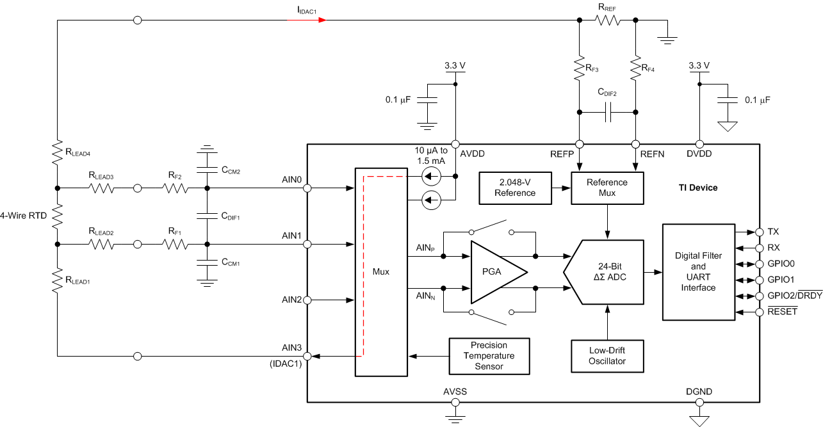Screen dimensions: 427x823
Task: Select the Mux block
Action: (x=381, y=272)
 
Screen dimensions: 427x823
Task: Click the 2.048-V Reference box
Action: (x=516, y=188)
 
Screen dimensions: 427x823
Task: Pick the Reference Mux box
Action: (x=607, y=188)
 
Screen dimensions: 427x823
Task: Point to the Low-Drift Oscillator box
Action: (x=607, y=356)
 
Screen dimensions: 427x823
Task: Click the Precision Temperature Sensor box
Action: (x=489, y=356)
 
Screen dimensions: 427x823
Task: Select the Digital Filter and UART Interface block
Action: (x=698, y=272)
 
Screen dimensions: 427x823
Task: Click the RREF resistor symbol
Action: (x=607, y=20)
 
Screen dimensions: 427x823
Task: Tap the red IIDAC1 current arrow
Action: (x=322, y=20)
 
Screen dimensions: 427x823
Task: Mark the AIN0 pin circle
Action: (x=307, y=188)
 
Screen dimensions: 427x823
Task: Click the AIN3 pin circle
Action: (x=307, y=356)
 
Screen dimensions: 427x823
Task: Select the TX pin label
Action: (x=772, y=232)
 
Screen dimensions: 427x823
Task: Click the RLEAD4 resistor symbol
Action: (x=57, y=153)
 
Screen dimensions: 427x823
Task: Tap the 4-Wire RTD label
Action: (x=24, y=216)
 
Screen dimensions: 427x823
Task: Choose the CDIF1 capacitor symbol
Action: (x=206, y=216)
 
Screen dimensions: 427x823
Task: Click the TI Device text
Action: (x=698, y=188)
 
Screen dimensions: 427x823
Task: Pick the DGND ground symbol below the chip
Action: (x=699, y=419)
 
